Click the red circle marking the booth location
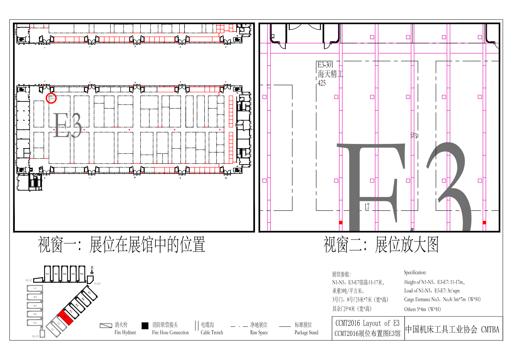pos(51,98)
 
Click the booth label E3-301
pos(325,65)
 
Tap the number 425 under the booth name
pos(322,83)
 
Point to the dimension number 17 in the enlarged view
pos(367,207)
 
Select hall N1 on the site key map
pos(47,274)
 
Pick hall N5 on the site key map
pos(82,274)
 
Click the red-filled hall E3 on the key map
pos(65,317)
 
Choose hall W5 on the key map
pos(35,289)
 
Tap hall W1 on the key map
pos(35,323)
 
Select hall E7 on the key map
pos(90,293)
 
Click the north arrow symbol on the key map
pos(92,270)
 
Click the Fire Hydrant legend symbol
pos(106,326)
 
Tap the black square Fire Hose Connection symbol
pos(145,326)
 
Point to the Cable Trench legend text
pos(212,333)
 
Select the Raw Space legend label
pos(259,333)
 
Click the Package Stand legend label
pos(306,333)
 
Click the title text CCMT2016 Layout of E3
pos(367,323)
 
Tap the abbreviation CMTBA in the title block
pos(490,329)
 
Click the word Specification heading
pos(415,272)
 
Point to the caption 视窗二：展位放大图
pos(381,245)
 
